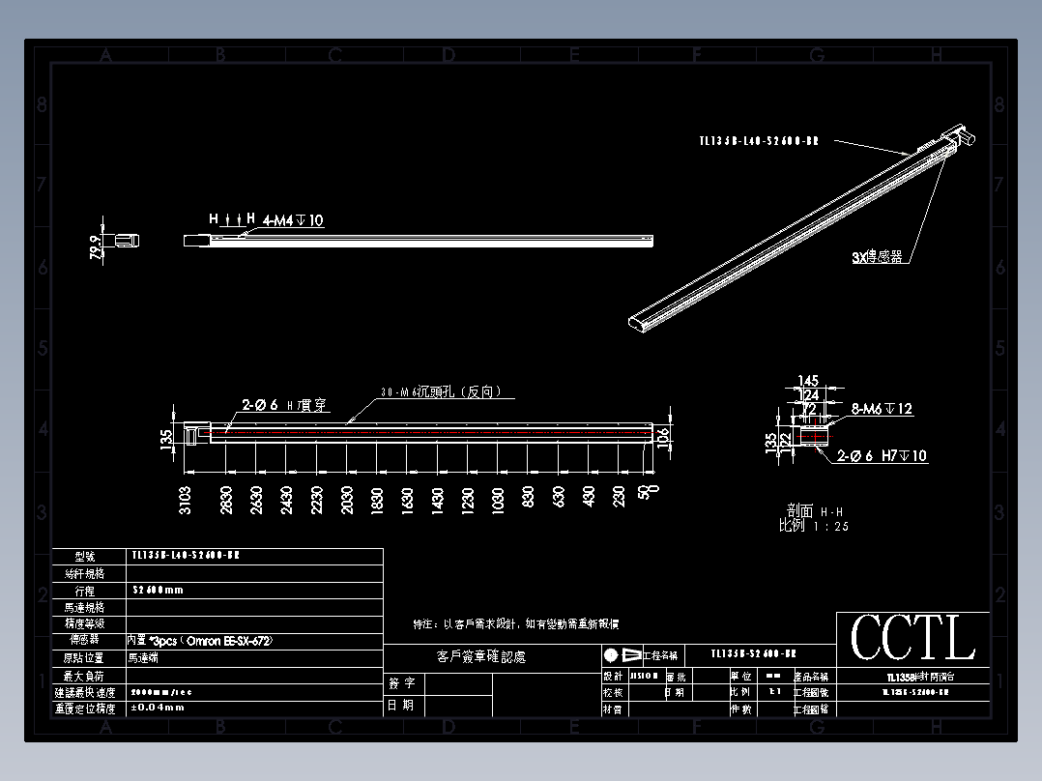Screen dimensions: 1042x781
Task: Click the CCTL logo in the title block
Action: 912,638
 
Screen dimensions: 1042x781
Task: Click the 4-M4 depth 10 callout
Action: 293,220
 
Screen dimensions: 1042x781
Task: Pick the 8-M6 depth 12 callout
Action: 882,409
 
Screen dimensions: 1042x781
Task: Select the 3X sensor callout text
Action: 877,257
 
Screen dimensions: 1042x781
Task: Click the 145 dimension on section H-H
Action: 808,382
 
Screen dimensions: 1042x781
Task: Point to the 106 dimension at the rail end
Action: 663,437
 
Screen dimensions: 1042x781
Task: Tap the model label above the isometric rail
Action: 759,141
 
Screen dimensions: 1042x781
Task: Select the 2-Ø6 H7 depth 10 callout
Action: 882,455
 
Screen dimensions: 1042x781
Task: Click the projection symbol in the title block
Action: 623,654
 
